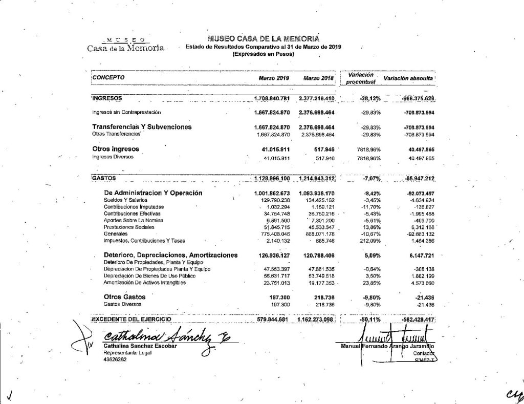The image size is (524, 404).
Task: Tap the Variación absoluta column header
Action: pyautogui.click(x=409, y=78)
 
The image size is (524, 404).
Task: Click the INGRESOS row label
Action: pyautogui.click(x=107, y=97)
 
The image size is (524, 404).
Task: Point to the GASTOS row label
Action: pyautogui.click(x=104, y=178)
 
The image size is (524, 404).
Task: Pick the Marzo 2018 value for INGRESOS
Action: pyautogui.click(x=316, y=98)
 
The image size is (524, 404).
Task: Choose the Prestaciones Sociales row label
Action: pyautogui.click(x=125, y=227)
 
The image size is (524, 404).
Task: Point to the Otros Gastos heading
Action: pyautogui.click(x=124, y=296)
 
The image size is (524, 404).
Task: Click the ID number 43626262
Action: pyautogui.click(x=115, y=359)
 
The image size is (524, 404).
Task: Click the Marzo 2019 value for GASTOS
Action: pyautogui.click(x=272, y=178)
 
